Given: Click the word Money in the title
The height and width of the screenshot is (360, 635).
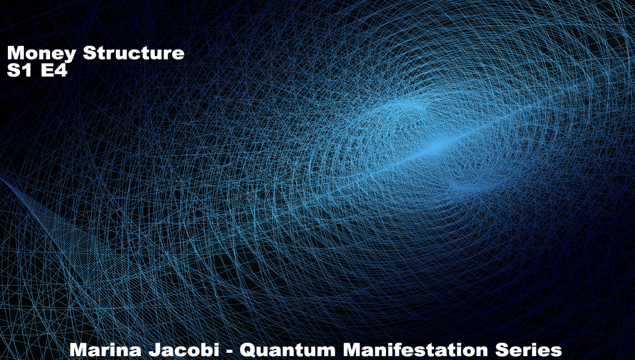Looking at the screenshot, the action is (x=41, y=53).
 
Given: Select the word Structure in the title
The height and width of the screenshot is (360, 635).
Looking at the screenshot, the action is (x=134, y=52).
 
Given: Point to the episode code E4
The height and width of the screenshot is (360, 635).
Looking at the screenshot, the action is (x=54, y=70).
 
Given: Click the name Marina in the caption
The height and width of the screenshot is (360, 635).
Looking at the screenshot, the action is (x=105, y=349).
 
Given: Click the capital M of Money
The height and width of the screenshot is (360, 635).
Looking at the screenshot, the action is (x=15, y=52).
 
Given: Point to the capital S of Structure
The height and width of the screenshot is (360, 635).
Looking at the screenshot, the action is (x=90, y=52).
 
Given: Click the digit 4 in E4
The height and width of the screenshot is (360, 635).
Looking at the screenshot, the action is (x=61, y=70).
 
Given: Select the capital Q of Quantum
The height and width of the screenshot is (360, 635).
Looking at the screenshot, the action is (x=248, y=350).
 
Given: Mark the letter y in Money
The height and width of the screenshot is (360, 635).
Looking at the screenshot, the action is (x=70, y=56).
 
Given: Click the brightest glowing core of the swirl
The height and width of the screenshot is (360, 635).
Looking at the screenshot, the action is (x=436, y=147).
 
